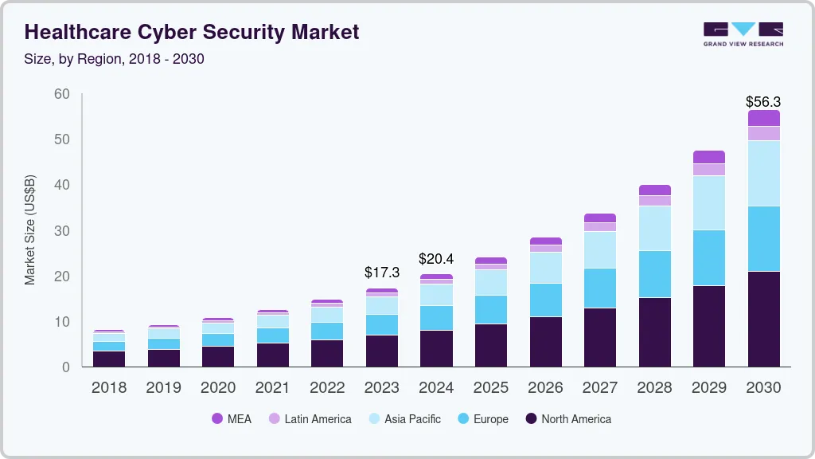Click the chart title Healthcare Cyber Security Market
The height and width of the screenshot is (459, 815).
click(x=192, y=32)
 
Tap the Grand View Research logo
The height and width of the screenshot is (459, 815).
click(x=743, y=33)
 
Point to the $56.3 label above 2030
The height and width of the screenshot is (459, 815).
click(x=763, y=102)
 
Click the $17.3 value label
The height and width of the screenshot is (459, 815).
click(x=382, y=273)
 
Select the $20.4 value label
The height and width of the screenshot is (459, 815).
click(x=436, y=258)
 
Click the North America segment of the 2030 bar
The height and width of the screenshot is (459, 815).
click(x=763, y=319)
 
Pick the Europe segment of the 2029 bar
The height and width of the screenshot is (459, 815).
click(x=709, y=257)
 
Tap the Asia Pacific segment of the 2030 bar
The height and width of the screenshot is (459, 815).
click(x=763, y=173)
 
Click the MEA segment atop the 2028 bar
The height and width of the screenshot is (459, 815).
click(x=655, y=190)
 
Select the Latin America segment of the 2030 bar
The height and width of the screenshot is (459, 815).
click(x=763, y=133)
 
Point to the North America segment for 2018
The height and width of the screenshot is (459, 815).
click(x=109, y=359)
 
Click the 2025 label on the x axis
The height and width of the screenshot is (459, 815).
click(x=491, y=388)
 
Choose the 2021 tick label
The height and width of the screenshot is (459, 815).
click(x=273, y=388)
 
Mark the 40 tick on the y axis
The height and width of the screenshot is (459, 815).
click(x=61, y=185)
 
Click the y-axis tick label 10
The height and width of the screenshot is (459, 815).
click(x=61, y=322)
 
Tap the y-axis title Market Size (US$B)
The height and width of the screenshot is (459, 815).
click(x=29, y=230)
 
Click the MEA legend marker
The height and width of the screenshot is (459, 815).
click(x=217, y=418)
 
